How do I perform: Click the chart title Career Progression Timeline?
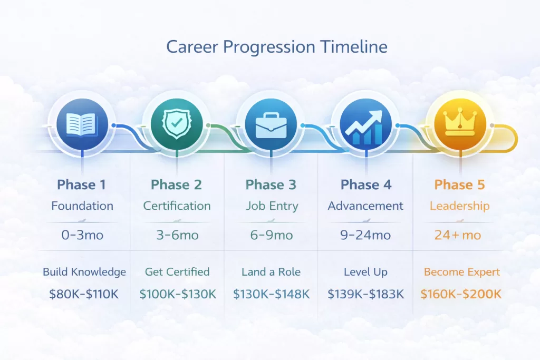click(x=277, y=47)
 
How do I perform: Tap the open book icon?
click(x=82, y=125)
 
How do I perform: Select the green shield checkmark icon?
click(x=177, y=125)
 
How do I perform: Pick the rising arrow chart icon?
click(x=365, y=125)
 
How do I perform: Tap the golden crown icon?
click(x=459, y=125)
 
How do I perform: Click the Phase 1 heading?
click(x=82, y=185)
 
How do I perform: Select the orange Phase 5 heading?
click(x=459, y=185)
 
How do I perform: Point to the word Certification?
click(x=177, y=206)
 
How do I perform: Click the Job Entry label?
click(x=271, y=206)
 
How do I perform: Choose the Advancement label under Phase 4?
click(x=365, y=206)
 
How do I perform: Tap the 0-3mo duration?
click(x=82, y=235)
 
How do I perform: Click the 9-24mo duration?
click(x=365, y=235)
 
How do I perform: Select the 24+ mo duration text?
click(x=458, y=235)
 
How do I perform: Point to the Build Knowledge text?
click(x=84, y=273)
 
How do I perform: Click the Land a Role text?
click(x=271, y=273)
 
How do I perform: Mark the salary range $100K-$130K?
click(x=178, y=294)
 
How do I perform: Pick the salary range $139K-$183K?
click(x=365, y=294)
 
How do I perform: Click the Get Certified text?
click(x=177, y=273)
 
